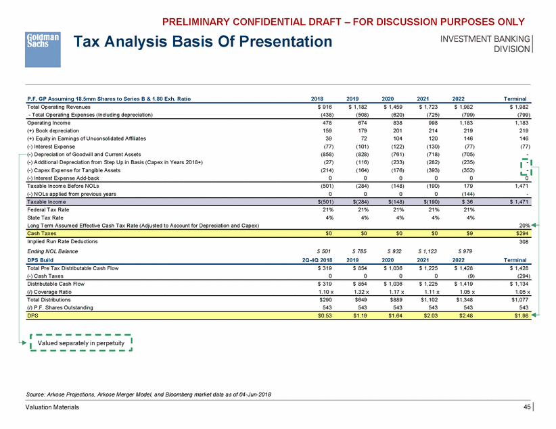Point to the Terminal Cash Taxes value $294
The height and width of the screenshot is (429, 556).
click(x=518, y=232)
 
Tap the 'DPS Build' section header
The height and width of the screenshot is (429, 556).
click(x=41, y=258)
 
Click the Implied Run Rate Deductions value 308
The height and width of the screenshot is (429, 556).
click(x=521, y=241)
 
